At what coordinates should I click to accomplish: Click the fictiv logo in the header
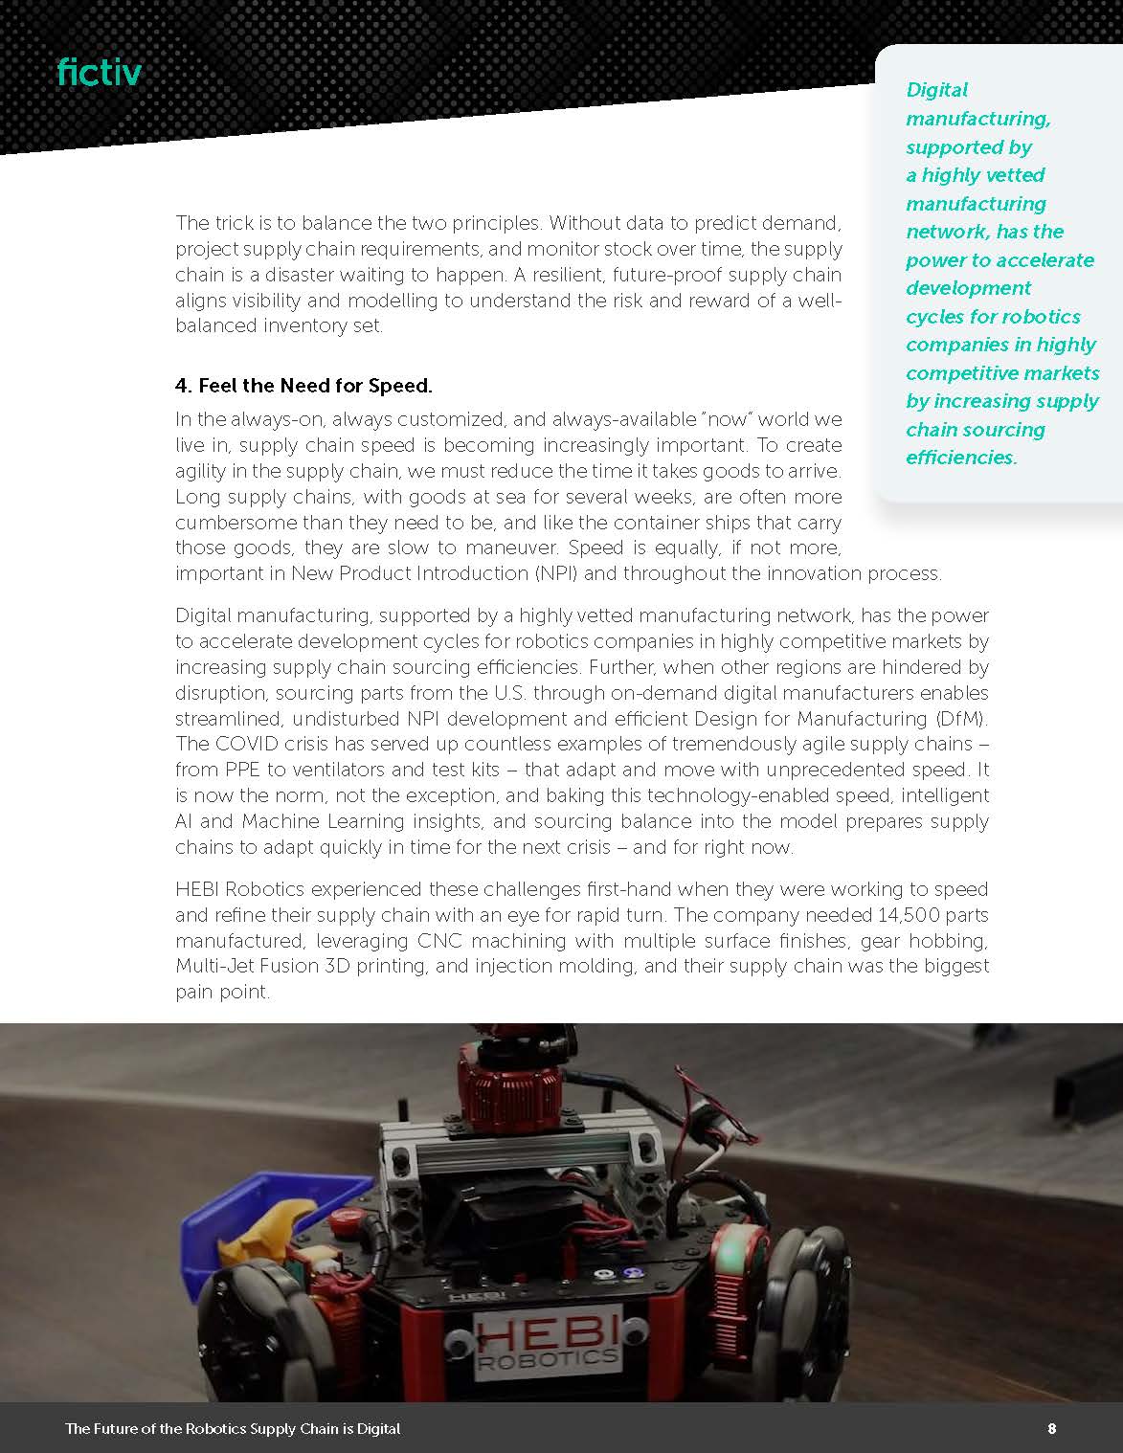click(x=99, y=72)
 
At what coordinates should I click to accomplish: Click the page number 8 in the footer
click(x=1052, y=1428)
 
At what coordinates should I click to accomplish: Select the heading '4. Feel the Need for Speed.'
click(x=303, y=386)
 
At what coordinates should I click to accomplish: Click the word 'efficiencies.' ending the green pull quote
click(x=961, y=458)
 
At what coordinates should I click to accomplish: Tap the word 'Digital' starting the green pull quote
click(x=936, y=90)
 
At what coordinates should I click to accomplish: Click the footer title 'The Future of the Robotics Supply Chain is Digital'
click(x=233, y=1428)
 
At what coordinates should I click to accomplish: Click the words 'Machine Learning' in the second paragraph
click(x=323, y=821)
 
